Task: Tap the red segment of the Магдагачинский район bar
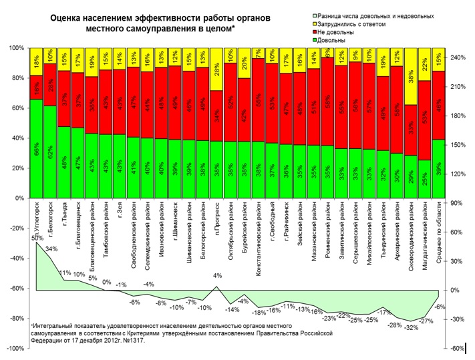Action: tap(425, 120)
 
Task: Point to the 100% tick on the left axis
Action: tap(15, 48)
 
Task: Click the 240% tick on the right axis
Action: tap(462, 58)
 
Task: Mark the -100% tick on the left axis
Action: tap(13, 349)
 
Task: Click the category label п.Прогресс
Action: tap(216, 222)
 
